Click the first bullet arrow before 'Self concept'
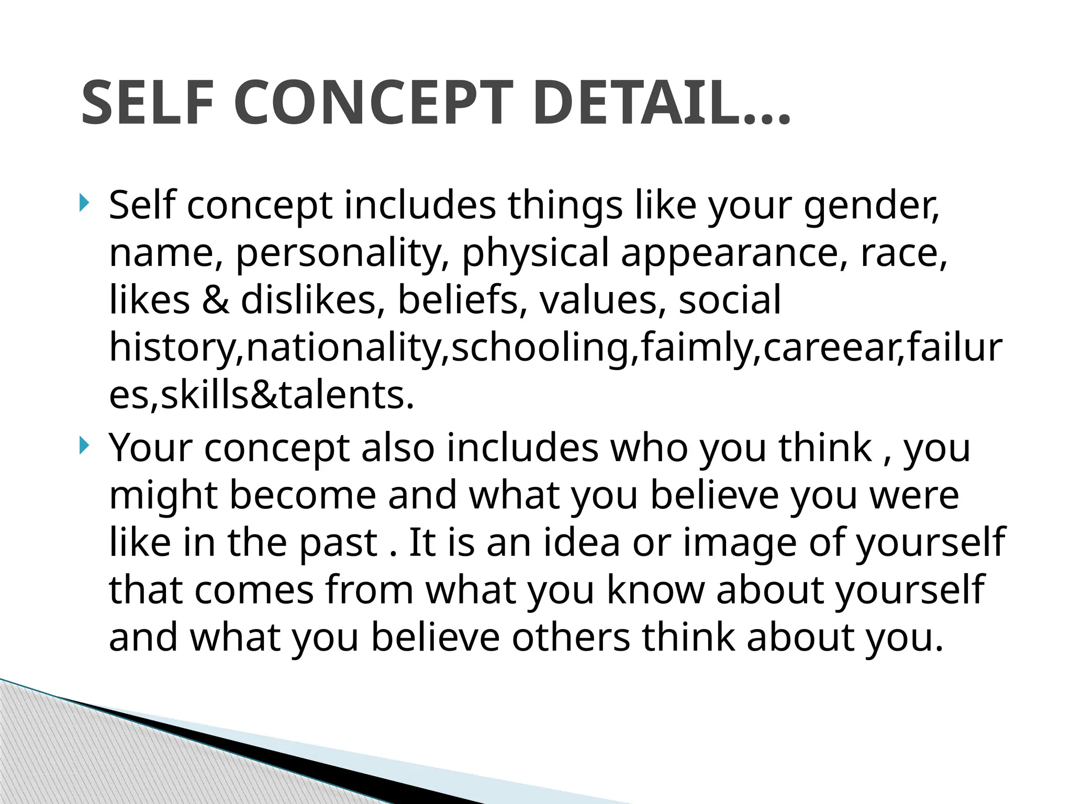(x=84, y=203)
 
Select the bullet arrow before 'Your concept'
(x=84, y=446)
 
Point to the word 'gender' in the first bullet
(x=869, y=206)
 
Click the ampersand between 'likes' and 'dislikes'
(x=215, y=300)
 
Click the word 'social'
(x=730, y=300)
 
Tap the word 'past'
(x=338, y=543)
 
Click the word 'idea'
(x=582, y=542)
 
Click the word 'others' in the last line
(x=571, y=638)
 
